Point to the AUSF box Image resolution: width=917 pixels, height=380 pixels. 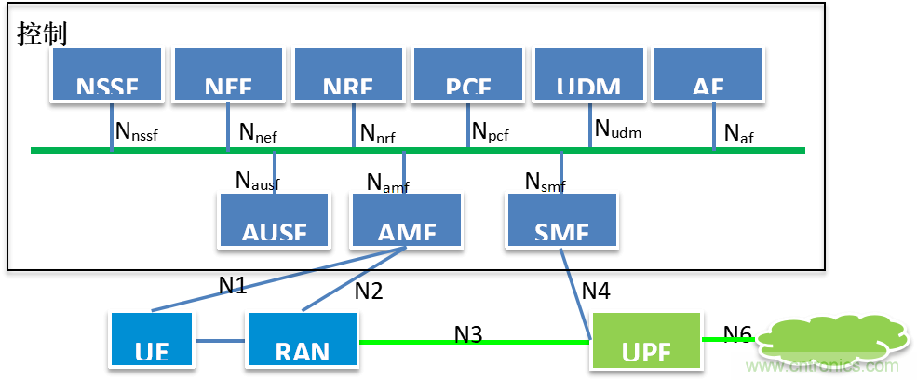275,221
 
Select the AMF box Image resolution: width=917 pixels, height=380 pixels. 406,221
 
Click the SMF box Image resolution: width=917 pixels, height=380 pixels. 561,221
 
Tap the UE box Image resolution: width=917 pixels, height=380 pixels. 151,339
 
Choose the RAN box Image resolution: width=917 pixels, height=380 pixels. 303,339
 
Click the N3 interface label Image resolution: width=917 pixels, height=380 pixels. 468,333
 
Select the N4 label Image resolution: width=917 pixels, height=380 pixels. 596,291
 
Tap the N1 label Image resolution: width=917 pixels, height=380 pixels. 233,286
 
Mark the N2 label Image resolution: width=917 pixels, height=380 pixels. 369,291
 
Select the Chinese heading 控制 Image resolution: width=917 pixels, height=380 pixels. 43,34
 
